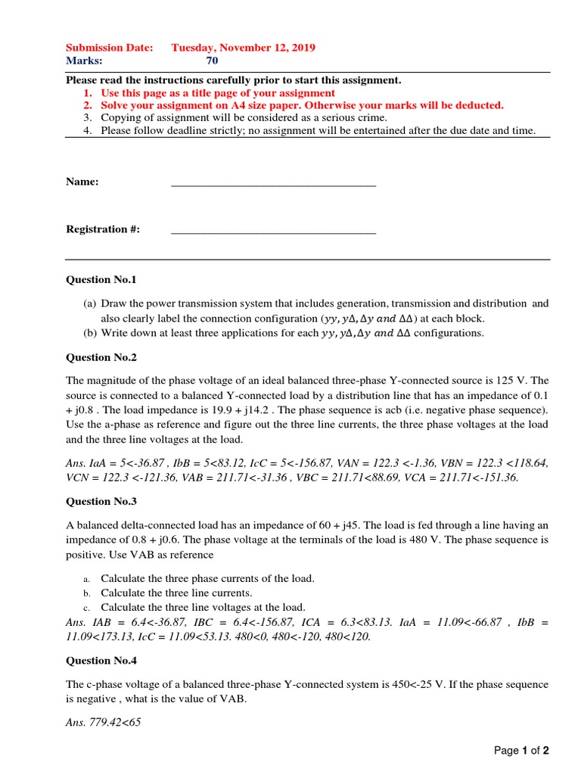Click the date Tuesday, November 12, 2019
[x=244, y=48]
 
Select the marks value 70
[x=212, y=61]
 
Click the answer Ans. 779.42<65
[x=104, y=722]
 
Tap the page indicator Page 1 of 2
[x=521, y=751]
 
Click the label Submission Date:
[x=110, y=48]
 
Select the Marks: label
[x=84, y=61]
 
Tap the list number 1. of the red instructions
[x=88, y=92]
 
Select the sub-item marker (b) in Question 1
[x=89, y=333]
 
